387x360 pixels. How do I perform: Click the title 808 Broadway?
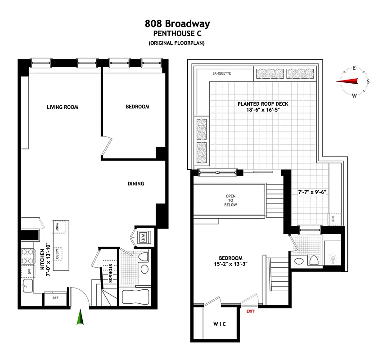(x=177, y=24)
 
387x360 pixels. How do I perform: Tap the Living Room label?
(x=63, y=107)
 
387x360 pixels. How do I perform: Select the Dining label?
(x=135, y=184)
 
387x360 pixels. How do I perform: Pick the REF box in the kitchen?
(x=55, y=298)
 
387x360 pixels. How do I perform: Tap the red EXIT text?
(x=250, y=311)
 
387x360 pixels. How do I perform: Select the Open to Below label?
(x=231, y=201)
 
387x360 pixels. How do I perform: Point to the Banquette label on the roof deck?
(x=221, y=72)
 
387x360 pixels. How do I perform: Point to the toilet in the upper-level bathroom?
(x=314, y=261)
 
